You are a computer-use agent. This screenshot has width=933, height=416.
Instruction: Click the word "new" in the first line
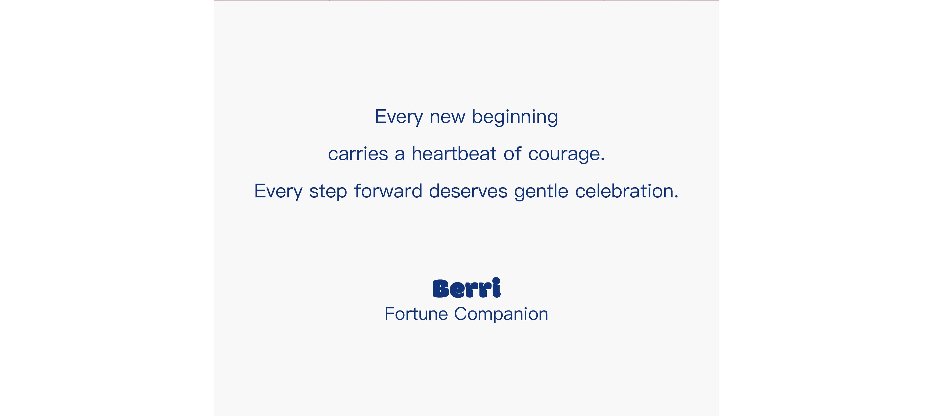[447, 118]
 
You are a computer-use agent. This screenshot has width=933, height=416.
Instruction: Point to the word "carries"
[358, 153]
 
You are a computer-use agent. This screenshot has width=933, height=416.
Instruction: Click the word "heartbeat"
[454, 153]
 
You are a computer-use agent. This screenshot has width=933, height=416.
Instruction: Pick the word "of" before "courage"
[512, 153]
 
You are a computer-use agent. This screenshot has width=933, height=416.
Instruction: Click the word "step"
[328, 192]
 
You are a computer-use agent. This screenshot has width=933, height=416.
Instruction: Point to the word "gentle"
[541, 192]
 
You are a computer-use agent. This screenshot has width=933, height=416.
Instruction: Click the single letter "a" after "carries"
[400, 154]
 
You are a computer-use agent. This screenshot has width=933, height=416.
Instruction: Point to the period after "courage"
[602, 160]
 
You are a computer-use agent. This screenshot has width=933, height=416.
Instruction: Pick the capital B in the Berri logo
[441, 289]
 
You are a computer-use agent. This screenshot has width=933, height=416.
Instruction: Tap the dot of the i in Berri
[497, 281]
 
